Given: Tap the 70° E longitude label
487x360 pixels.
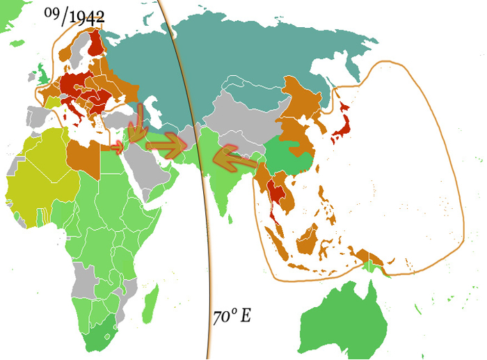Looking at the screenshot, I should tap(232, 316).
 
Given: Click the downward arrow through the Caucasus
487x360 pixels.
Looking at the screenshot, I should tap(140, 123).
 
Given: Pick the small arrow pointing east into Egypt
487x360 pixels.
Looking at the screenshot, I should tap(116, 147).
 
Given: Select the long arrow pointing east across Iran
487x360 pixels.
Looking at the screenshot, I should tap(166, 146).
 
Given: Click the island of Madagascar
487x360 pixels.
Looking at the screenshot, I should tap(148, 307).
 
